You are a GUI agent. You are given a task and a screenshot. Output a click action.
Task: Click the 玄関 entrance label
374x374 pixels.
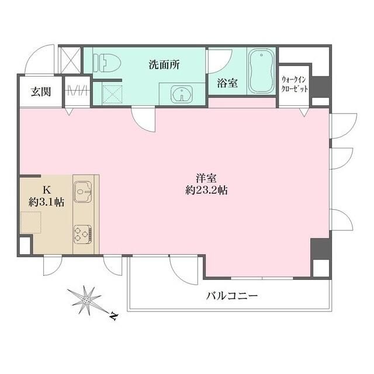coord(40,91)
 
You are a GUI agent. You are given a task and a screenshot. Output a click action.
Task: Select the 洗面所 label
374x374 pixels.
coord(164,64)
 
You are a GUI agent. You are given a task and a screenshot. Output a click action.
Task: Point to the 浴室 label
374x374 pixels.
coord(227,84)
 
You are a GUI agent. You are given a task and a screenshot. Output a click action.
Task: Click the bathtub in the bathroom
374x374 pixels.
coord(261,72)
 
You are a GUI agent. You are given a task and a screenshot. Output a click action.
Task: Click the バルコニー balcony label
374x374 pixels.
coord(232,296)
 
